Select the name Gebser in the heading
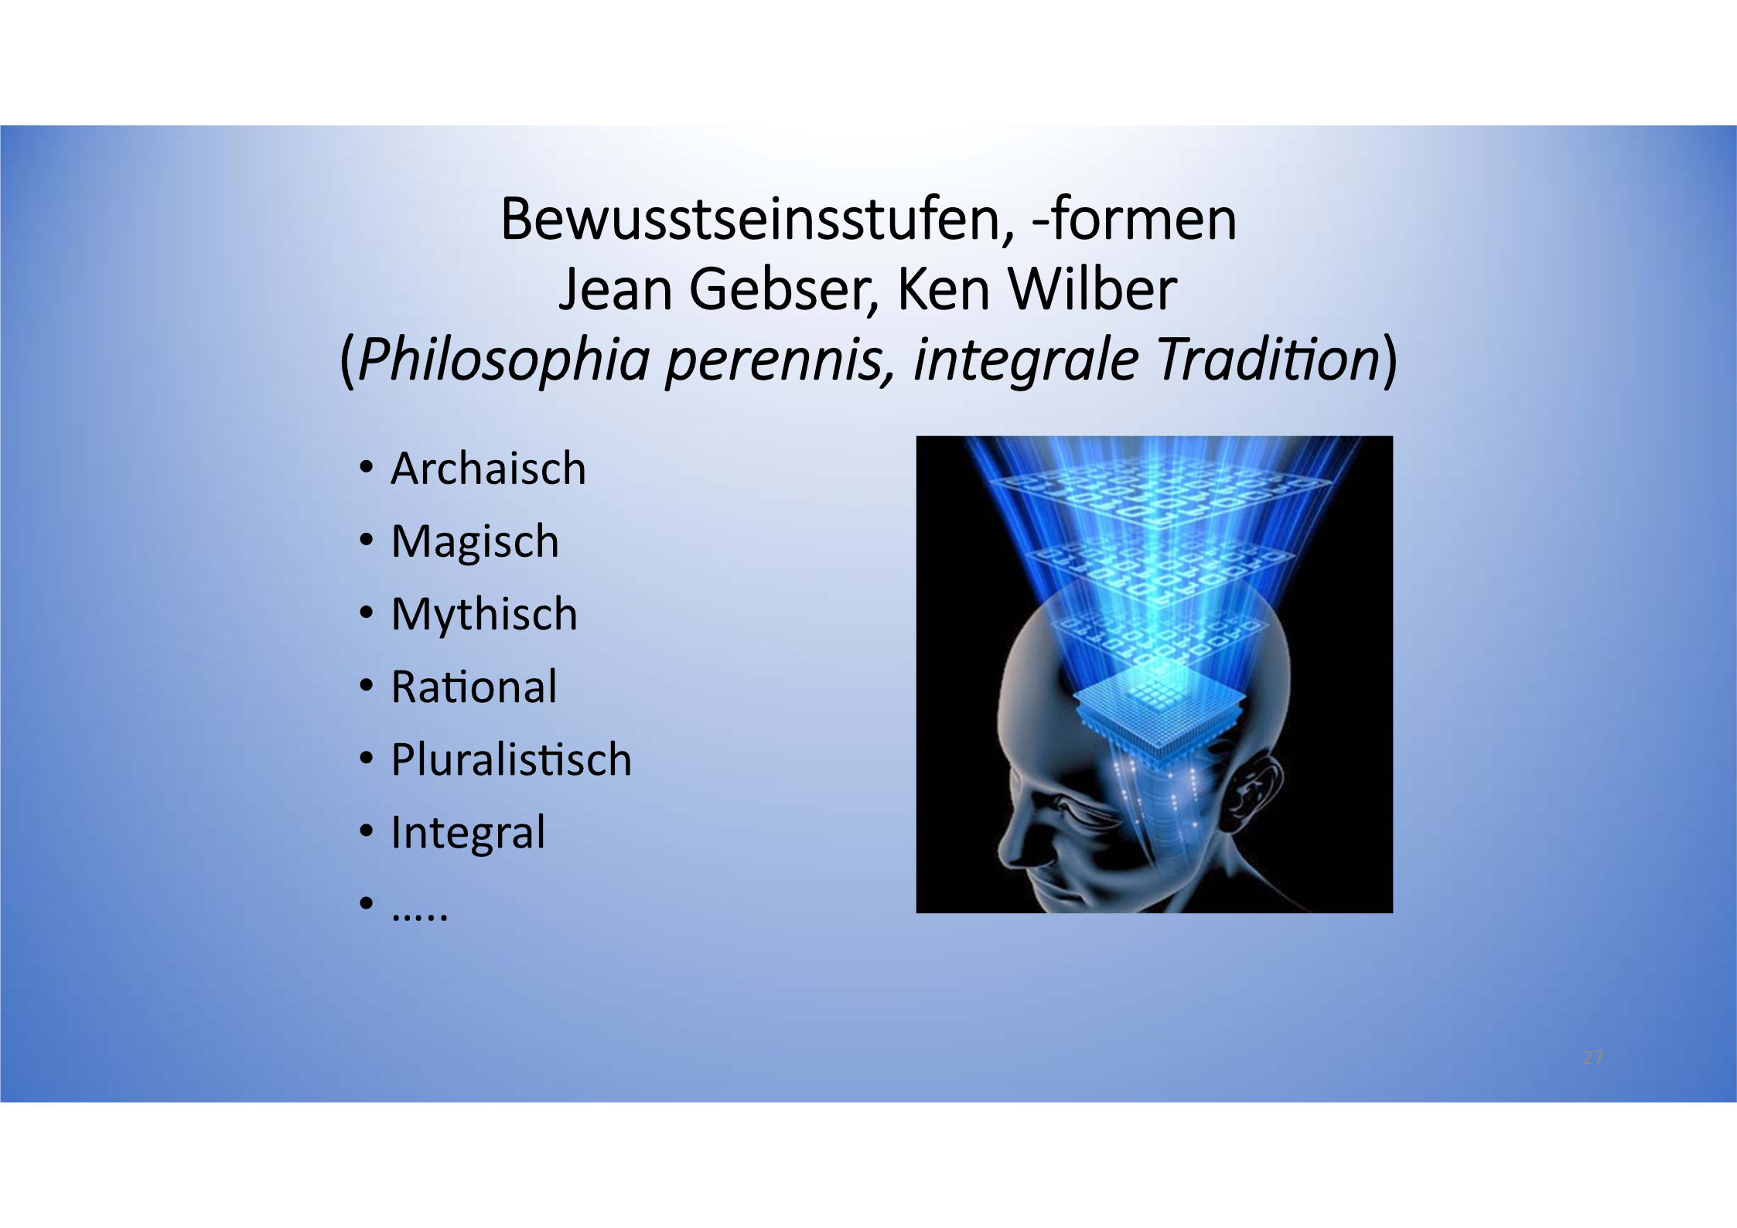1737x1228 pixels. tap(783, 289)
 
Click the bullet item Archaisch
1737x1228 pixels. tap(489, 469)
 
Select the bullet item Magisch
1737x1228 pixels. tap(475, 542)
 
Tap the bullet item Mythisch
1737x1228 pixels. tap(484, 615)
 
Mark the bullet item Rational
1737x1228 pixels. tap(474, 687)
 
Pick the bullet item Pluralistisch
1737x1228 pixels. tap(511, 759)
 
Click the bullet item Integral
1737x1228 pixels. tap(468, 833)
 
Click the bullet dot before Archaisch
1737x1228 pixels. tap(367, 468)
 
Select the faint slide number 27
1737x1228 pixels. tap(1593, 1058)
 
